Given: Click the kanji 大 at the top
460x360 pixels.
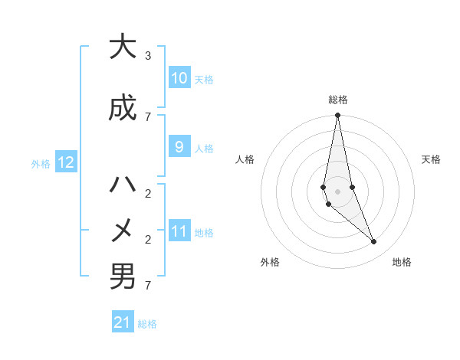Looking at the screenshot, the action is coord(123,47).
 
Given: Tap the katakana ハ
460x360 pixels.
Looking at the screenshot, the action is coord(123,185).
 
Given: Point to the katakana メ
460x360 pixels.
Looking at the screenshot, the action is coord(123,230).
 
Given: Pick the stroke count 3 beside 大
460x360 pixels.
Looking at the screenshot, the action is coord(148,56).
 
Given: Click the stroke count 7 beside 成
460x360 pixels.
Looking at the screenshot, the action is coord(148,116).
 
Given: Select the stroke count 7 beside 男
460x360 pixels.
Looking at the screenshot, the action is coord(148,286).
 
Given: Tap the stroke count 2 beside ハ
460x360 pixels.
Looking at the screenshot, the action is coord(148,193).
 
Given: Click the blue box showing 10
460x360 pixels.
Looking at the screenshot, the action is coord(179,78).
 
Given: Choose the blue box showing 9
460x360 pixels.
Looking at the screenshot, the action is coord(179,147).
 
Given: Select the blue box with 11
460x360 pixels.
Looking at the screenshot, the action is coord(179,231).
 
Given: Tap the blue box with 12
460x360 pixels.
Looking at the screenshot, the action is coord(66,162).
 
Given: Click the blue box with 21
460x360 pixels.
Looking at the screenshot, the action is coord(123,322).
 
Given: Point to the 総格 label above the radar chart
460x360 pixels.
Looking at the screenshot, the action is coord(338,100).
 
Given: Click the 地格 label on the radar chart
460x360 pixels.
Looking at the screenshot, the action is coord(402,262).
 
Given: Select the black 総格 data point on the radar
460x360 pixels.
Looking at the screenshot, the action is coord(337,116).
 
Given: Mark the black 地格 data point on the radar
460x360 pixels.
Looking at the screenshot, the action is coord(374,242).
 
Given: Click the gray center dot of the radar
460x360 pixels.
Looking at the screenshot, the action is coord(337,191).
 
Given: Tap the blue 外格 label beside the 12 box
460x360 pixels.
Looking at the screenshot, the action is coord(41,163).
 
